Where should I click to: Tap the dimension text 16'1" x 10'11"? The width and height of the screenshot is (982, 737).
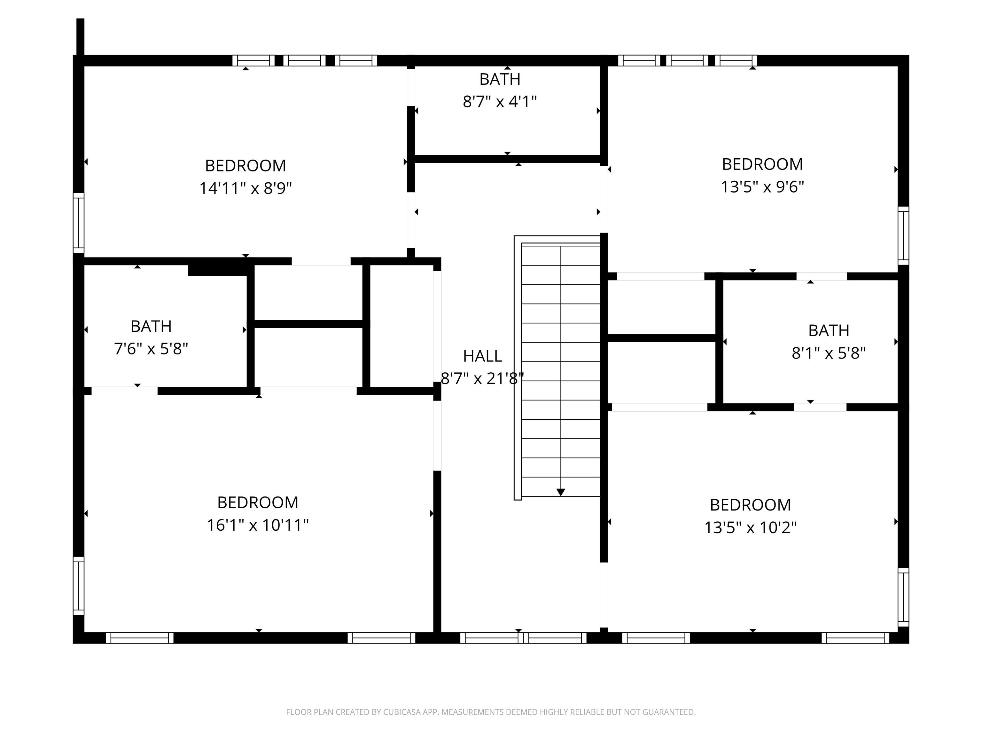click(257, 526)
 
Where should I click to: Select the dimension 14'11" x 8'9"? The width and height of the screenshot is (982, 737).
click(245, 188)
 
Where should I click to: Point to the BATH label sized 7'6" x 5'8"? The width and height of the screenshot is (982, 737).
click(151, 327)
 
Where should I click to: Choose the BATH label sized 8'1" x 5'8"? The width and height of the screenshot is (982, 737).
click(828, 330)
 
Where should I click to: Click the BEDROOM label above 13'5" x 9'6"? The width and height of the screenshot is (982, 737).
click(762, 164)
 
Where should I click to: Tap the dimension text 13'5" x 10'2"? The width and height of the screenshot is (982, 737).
click(750, 528)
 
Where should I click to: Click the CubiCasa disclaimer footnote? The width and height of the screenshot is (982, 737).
click(491, 712)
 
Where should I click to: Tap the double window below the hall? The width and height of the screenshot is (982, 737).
click(523, 638)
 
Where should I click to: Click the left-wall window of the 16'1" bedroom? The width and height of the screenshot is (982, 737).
click(79, 585)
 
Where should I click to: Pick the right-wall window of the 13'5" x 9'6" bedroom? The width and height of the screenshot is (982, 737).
click(903, 235)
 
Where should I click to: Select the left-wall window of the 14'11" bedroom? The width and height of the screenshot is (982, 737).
click(79, 223)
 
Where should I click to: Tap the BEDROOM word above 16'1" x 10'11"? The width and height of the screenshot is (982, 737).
click(257, 503)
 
